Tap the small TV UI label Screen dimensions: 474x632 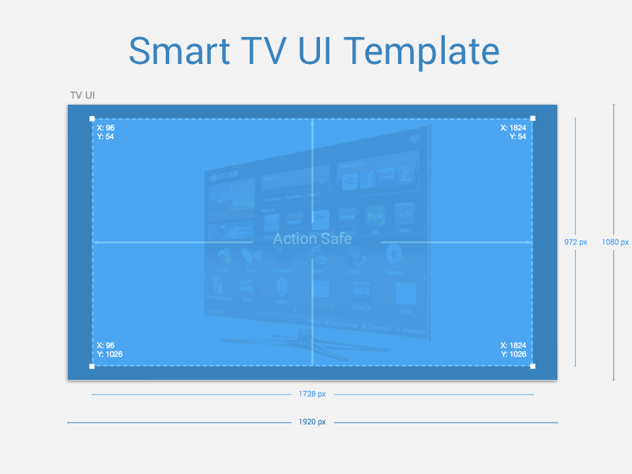[x=83, y=96]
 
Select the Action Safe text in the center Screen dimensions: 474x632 [x=312, y=239]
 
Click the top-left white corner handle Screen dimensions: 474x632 [x=92, y=118]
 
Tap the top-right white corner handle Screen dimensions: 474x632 [x=532, y=118]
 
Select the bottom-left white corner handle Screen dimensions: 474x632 [x=92, y=366]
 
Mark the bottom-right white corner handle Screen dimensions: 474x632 [x=532, y=366]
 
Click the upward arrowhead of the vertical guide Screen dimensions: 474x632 [x=313, y=122]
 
